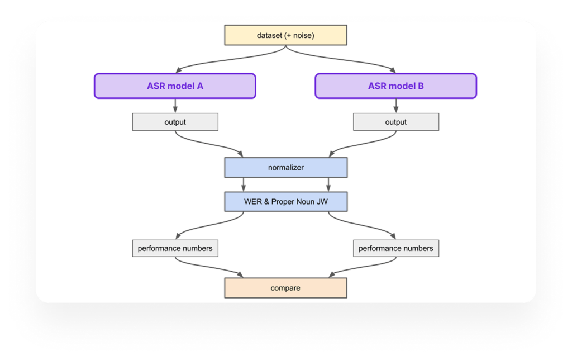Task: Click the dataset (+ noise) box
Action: pyautogui.click(x=285, y=36)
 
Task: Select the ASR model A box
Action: pyautogui.click(x=175, y=86)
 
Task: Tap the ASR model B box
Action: pyautogui.click(x=395, y=86)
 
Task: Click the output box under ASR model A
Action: pyautogui.click(x=175, y=122)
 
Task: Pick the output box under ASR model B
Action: pyautogui.click(x=396, y=122)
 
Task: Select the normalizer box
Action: pyautogui.click(x=285, y=167)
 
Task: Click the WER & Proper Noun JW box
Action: pyautogui.click(x=285, y=201)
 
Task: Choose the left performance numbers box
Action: pyautogui.click(x=175, y=248)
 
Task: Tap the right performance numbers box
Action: pyautogui.click(x=396, y=248)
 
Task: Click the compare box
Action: pyautogui.click(x=285, y=288)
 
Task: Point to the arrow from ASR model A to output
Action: pyautogui.click(x=175, y=106)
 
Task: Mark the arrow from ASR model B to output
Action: pyautogui.click(x=396, y=106)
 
